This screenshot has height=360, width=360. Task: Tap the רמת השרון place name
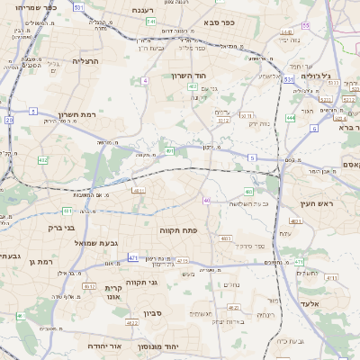(76, 114)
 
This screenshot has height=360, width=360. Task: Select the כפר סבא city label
(219, 21)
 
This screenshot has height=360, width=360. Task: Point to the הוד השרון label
(190, 76)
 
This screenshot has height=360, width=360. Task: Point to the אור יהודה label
(104, 346)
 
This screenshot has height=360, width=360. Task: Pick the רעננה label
(142, 10)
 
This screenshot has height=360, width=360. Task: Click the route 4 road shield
(144, 81)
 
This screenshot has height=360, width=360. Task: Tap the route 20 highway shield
(9, 119)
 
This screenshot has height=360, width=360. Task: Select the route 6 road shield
(314, 128)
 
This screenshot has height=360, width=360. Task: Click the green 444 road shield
(291, 117)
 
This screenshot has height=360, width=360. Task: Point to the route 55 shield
(306, 25)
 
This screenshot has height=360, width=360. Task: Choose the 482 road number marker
(42, 159)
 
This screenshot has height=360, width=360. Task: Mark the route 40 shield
(207, 200)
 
